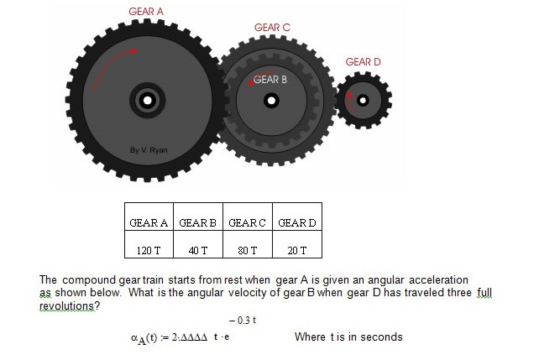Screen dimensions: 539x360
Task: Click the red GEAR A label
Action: (x=146, y=12)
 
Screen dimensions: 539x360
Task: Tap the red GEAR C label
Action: (x=272, y=28)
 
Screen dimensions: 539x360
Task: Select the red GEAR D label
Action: (x=363, y=62)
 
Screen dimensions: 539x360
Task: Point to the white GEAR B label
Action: (x=270, y=80)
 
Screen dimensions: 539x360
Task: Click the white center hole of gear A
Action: (x=148, y=101)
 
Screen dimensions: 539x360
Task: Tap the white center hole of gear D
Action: (x=363, y=101)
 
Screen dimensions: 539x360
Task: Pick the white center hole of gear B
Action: (x=271, y=101)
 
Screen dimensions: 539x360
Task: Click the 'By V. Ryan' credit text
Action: (x=149, y=150)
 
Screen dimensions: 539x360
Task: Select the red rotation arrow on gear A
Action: (x=109, y=64)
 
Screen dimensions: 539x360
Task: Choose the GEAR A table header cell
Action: (x=149, y=217)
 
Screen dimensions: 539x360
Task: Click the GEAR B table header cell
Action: (x=198, y=217)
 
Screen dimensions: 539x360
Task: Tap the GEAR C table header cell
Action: (x=248, y=217)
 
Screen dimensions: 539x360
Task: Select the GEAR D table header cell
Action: (x=297, y=217)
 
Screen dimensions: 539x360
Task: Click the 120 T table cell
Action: (x=149, y=244)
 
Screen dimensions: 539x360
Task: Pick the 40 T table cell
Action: (x=198, y=244)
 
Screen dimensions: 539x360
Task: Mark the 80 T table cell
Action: (x=248, y=244)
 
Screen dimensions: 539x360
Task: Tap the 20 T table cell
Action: (x=297, y=244)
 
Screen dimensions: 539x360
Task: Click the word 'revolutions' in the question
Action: (x=66, y=305)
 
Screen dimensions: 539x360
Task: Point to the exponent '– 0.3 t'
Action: (x=243, y=321)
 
